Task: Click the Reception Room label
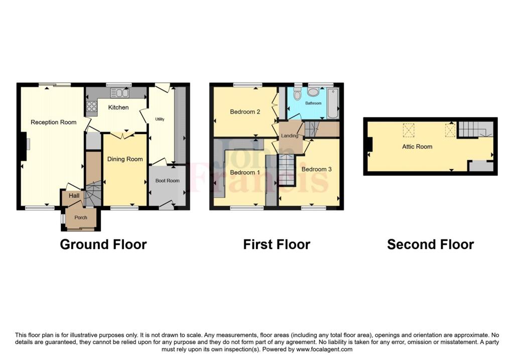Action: (x=53, y=123)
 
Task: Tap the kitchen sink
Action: (x=119, y=93)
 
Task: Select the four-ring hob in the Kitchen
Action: (x=91, y=106)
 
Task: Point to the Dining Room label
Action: (x=125, y=159)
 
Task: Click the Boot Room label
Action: (x=168, y=181)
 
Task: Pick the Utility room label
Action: (x=160, y=119)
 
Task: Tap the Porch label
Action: (x=81, y=217)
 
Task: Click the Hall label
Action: (x=74, y=196)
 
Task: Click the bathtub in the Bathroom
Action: (x=332, y=103)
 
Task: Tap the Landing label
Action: (x=290, y=136)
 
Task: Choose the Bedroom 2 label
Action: (x=245, y=112)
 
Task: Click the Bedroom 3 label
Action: (x=316, y=169)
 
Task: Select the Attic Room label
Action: (x=417, y=147)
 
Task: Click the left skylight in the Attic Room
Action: (x=409, y=130)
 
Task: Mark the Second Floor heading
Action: (x=430, y=245)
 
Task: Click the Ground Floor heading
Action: (x=103, y=245)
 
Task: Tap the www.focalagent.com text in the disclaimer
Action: (x=324, y=349)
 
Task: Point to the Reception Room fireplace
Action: (x=23, y=146)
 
